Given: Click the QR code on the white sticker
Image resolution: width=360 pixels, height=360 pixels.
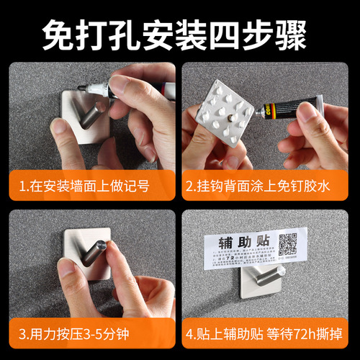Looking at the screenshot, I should click(288, 245).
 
